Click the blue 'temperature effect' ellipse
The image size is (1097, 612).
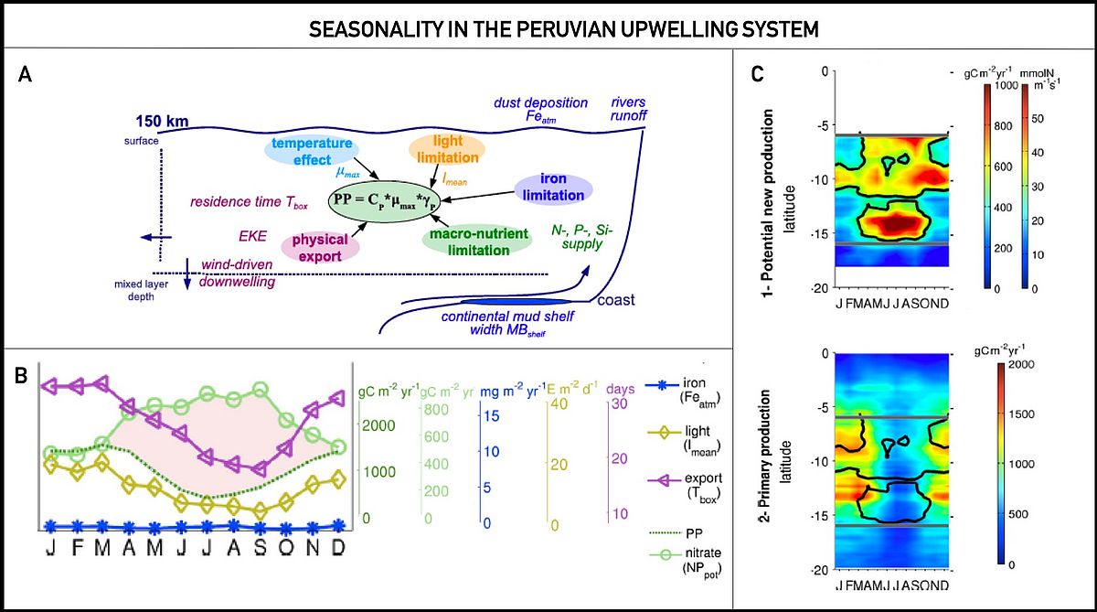point(311,151)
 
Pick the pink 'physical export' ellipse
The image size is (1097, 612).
point(321,248)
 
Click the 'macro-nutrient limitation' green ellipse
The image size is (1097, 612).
point(476,242)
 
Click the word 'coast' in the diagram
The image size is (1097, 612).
point(616,300)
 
